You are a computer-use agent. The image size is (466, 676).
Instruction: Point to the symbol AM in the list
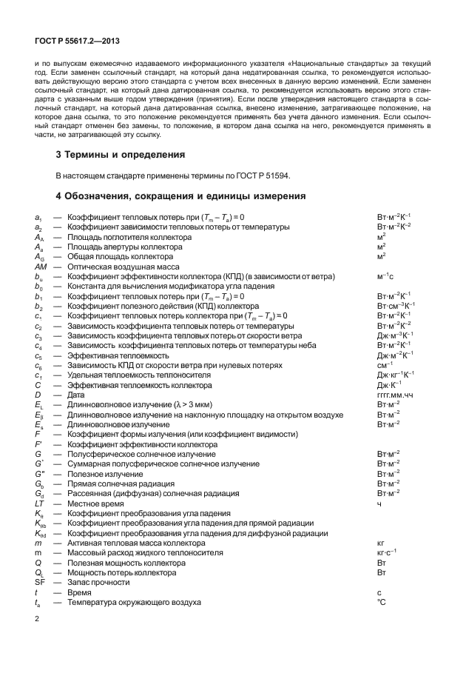[41, 266]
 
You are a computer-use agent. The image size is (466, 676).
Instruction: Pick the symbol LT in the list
[40, 503]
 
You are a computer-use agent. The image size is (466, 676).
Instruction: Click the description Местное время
[95, 503]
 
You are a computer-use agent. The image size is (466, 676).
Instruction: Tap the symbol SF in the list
[40, 583]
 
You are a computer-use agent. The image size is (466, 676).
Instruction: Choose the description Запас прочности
[98, 583]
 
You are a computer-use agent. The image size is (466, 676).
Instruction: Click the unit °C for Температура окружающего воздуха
[382, 602]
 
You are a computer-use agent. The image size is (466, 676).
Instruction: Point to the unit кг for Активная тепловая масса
[381, 543]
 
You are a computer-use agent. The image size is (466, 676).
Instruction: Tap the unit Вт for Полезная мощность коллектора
[382, 563]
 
